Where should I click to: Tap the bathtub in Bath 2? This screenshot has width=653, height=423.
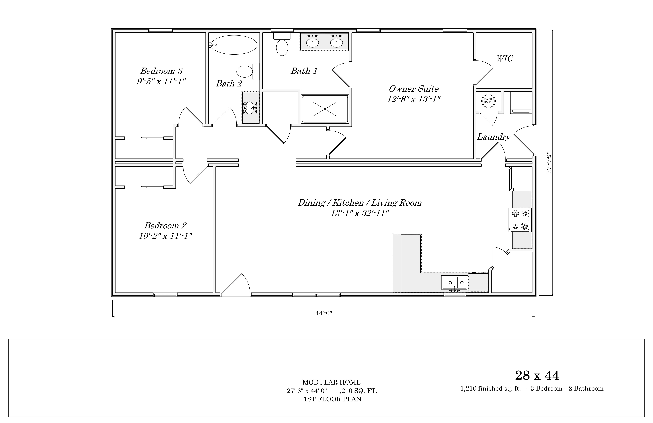pyautogui.click(x=234, y=45)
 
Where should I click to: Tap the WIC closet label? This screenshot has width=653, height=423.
pyautogui.click(x=505, y=58)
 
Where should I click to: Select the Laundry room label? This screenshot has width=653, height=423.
pyautogui.click(x=494, y=137)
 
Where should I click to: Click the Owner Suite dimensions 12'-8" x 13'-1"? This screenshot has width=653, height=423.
pyautogui.click(x=414, y=99)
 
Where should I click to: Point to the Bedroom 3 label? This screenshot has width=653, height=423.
pyautogui.click(x=161, y=71)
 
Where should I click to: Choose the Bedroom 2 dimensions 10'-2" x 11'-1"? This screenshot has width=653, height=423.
pyautogui.click(x=165, y=236)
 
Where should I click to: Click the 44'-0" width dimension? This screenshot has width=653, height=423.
pyautogui.click(x=324, y=313)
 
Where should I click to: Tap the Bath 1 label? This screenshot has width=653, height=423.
pyautogui.click(x=304, y=71)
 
